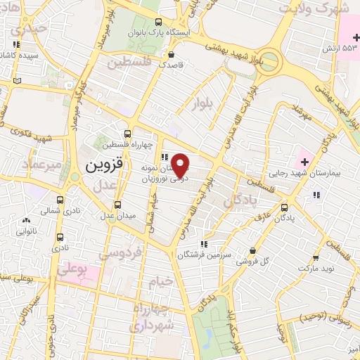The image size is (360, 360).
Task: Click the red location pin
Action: [181, 165]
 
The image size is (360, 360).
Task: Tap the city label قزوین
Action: [104, 166]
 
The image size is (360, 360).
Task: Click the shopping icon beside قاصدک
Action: [171, 53]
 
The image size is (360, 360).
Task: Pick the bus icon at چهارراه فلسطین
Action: [127, 134]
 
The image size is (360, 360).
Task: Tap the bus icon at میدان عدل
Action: [117, 205]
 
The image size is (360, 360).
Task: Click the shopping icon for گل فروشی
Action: [252, 250]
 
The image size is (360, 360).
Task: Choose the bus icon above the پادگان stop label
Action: [284, 207]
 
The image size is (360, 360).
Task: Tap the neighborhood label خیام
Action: [160, 283]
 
